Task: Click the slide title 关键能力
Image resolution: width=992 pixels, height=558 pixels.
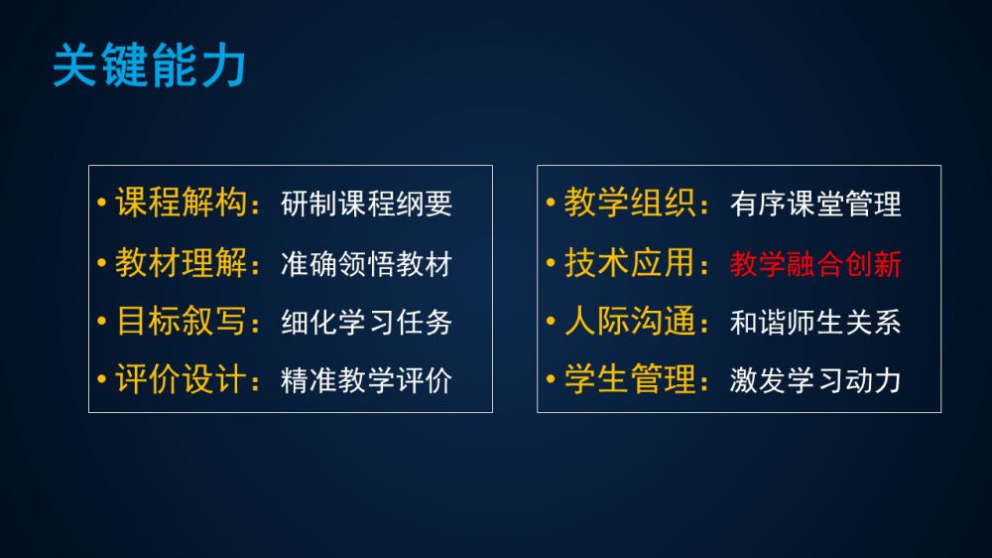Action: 150,65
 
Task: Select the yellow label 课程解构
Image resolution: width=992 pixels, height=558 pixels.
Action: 181,203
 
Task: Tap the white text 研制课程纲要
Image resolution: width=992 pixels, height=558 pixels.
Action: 366,204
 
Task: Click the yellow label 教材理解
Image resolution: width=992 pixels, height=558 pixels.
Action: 181,262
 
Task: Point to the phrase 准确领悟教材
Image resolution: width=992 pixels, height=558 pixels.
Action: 366,263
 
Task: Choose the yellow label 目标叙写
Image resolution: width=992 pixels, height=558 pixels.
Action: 181,321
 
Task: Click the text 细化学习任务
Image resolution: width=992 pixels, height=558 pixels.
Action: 366,322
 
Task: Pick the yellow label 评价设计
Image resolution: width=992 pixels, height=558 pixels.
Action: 181,378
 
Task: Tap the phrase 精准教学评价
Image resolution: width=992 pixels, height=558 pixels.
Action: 366,380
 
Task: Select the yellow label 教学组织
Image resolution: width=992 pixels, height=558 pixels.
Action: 630,203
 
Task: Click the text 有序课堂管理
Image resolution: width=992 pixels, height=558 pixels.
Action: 815,204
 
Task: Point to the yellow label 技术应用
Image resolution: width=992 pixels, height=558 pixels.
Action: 630,262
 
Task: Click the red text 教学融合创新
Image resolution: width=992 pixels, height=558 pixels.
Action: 815,263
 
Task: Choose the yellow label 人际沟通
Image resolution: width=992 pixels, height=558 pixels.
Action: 630,321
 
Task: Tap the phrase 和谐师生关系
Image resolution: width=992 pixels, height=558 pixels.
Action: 815,322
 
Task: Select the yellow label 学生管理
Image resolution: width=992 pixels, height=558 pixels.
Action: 630,378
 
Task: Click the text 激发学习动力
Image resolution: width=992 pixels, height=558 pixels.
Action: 815,380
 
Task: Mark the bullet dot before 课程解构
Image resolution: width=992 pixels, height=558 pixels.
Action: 102,203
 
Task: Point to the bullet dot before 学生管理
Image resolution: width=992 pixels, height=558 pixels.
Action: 551,378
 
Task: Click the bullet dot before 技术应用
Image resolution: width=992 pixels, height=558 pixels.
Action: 551,262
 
